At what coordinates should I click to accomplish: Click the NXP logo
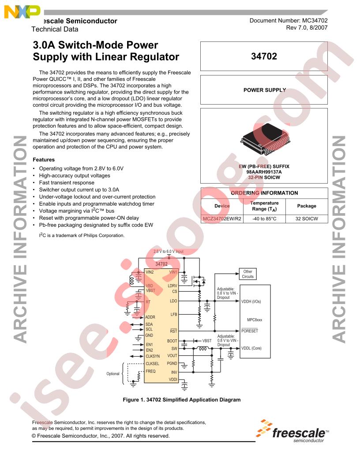click(22, 11)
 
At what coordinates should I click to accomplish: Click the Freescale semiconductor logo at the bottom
click(292, 431)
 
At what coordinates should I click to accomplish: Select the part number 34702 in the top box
click(264, 56)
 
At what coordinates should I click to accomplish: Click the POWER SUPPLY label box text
click(265, 90)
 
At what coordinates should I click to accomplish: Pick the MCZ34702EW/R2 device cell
click(222, 219)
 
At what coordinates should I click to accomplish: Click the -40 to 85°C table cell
click(264, 219)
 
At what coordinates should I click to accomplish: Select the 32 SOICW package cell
click(307, 219)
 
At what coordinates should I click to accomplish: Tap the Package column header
click(307, 206)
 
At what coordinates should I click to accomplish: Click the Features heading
click(44, 160)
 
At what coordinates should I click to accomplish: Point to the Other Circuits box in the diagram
click(248, 274)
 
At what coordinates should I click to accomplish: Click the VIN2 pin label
click(150, 272)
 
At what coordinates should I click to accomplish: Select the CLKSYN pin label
click(153, 356)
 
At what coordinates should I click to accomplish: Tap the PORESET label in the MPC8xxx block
click(250, 331)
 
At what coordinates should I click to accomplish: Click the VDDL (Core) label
click(251, 348)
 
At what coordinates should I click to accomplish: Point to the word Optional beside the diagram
click(113, 374)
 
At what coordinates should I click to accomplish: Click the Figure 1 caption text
click(182, 400)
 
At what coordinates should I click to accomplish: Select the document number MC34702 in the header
click(315, 20)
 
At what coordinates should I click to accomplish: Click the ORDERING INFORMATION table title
click(264, 193)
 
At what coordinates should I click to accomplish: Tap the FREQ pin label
click(150, 371)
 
